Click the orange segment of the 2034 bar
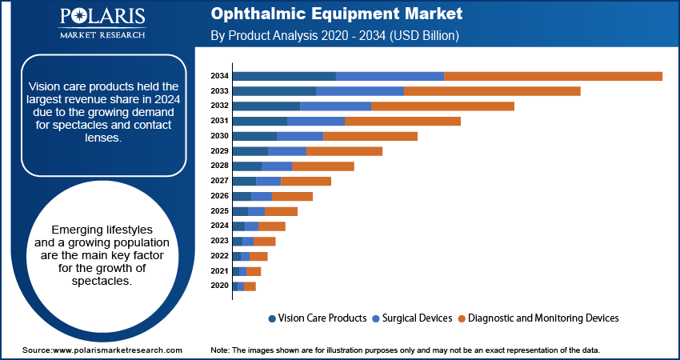(x=553, y=76)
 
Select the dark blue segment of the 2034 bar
(x=284, y=76)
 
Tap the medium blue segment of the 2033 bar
(x=360, y=91)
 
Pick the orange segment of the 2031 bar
(x=402, y=121)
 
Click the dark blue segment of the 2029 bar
(x=250, y=151)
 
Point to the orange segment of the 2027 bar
(x=306, y=182)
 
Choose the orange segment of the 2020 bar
(x=250, y=286)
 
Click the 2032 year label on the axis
(x=219, y=106)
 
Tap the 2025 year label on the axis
(x=219, y=211)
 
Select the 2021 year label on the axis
(x=219, y=271)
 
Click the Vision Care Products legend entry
(x=318, y=318)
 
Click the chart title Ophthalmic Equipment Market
(x=336, y=14)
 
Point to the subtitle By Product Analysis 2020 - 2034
(x=334, y=36)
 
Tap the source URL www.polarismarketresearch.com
(x=117, y=350)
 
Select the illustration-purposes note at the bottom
(x=405, y=350)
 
